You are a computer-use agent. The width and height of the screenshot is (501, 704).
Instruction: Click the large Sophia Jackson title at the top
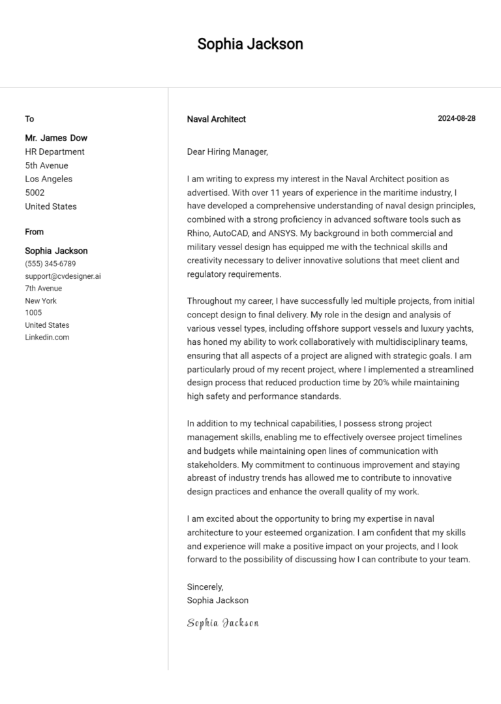250,44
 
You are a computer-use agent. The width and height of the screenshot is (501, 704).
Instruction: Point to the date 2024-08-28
456,118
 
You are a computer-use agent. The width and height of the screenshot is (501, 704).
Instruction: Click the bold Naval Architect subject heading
216,119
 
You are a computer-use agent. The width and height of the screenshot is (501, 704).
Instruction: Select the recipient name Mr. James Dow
56,138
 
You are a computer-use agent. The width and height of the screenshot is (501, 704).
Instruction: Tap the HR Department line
55,152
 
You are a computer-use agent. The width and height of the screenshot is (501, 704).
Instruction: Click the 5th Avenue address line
46,165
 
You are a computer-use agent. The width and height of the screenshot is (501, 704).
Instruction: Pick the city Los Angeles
48,179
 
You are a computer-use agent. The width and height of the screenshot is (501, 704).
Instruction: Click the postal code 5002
35,193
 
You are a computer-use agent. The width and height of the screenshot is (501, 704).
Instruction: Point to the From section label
34,232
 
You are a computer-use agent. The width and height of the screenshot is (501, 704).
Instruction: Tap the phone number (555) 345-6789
50,264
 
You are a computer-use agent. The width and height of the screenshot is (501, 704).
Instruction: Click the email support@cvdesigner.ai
63,276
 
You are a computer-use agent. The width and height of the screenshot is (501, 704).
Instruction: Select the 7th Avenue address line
43,288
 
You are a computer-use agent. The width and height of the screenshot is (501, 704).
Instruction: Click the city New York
40,300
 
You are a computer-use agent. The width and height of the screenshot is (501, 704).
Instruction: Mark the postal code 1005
33,313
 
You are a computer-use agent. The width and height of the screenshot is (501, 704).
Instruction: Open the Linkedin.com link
47,337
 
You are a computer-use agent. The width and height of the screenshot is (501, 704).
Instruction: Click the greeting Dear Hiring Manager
227,152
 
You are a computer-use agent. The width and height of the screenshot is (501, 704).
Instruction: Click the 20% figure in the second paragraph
381,383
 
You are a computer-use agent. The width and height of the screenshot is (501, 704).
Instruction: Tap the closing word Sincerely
205,586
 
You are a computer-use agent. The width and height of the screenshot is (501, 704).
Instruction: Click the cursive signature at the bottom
222,622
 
